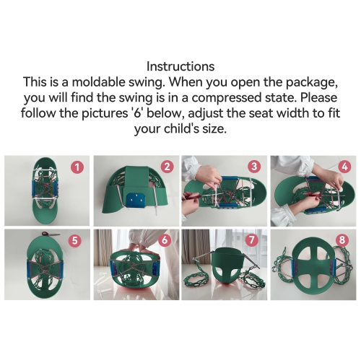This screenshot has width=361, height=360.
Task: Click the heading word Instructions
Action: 180,66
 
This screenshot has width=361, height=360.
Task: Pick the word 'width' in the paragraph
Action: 300,114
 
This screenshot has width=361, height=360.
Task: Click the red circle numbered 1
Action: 78,167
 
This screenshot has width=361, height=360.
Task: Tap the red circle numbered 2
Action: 167,167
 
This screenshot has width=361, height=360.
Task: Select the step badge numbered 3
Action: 255,167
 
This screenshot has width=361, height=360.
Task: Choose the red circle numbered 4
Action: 344,167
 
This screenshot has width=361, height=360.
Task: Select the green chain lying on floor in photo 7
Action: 202,285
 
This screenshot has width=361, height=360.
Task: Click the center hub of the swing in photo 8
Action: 314,270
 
